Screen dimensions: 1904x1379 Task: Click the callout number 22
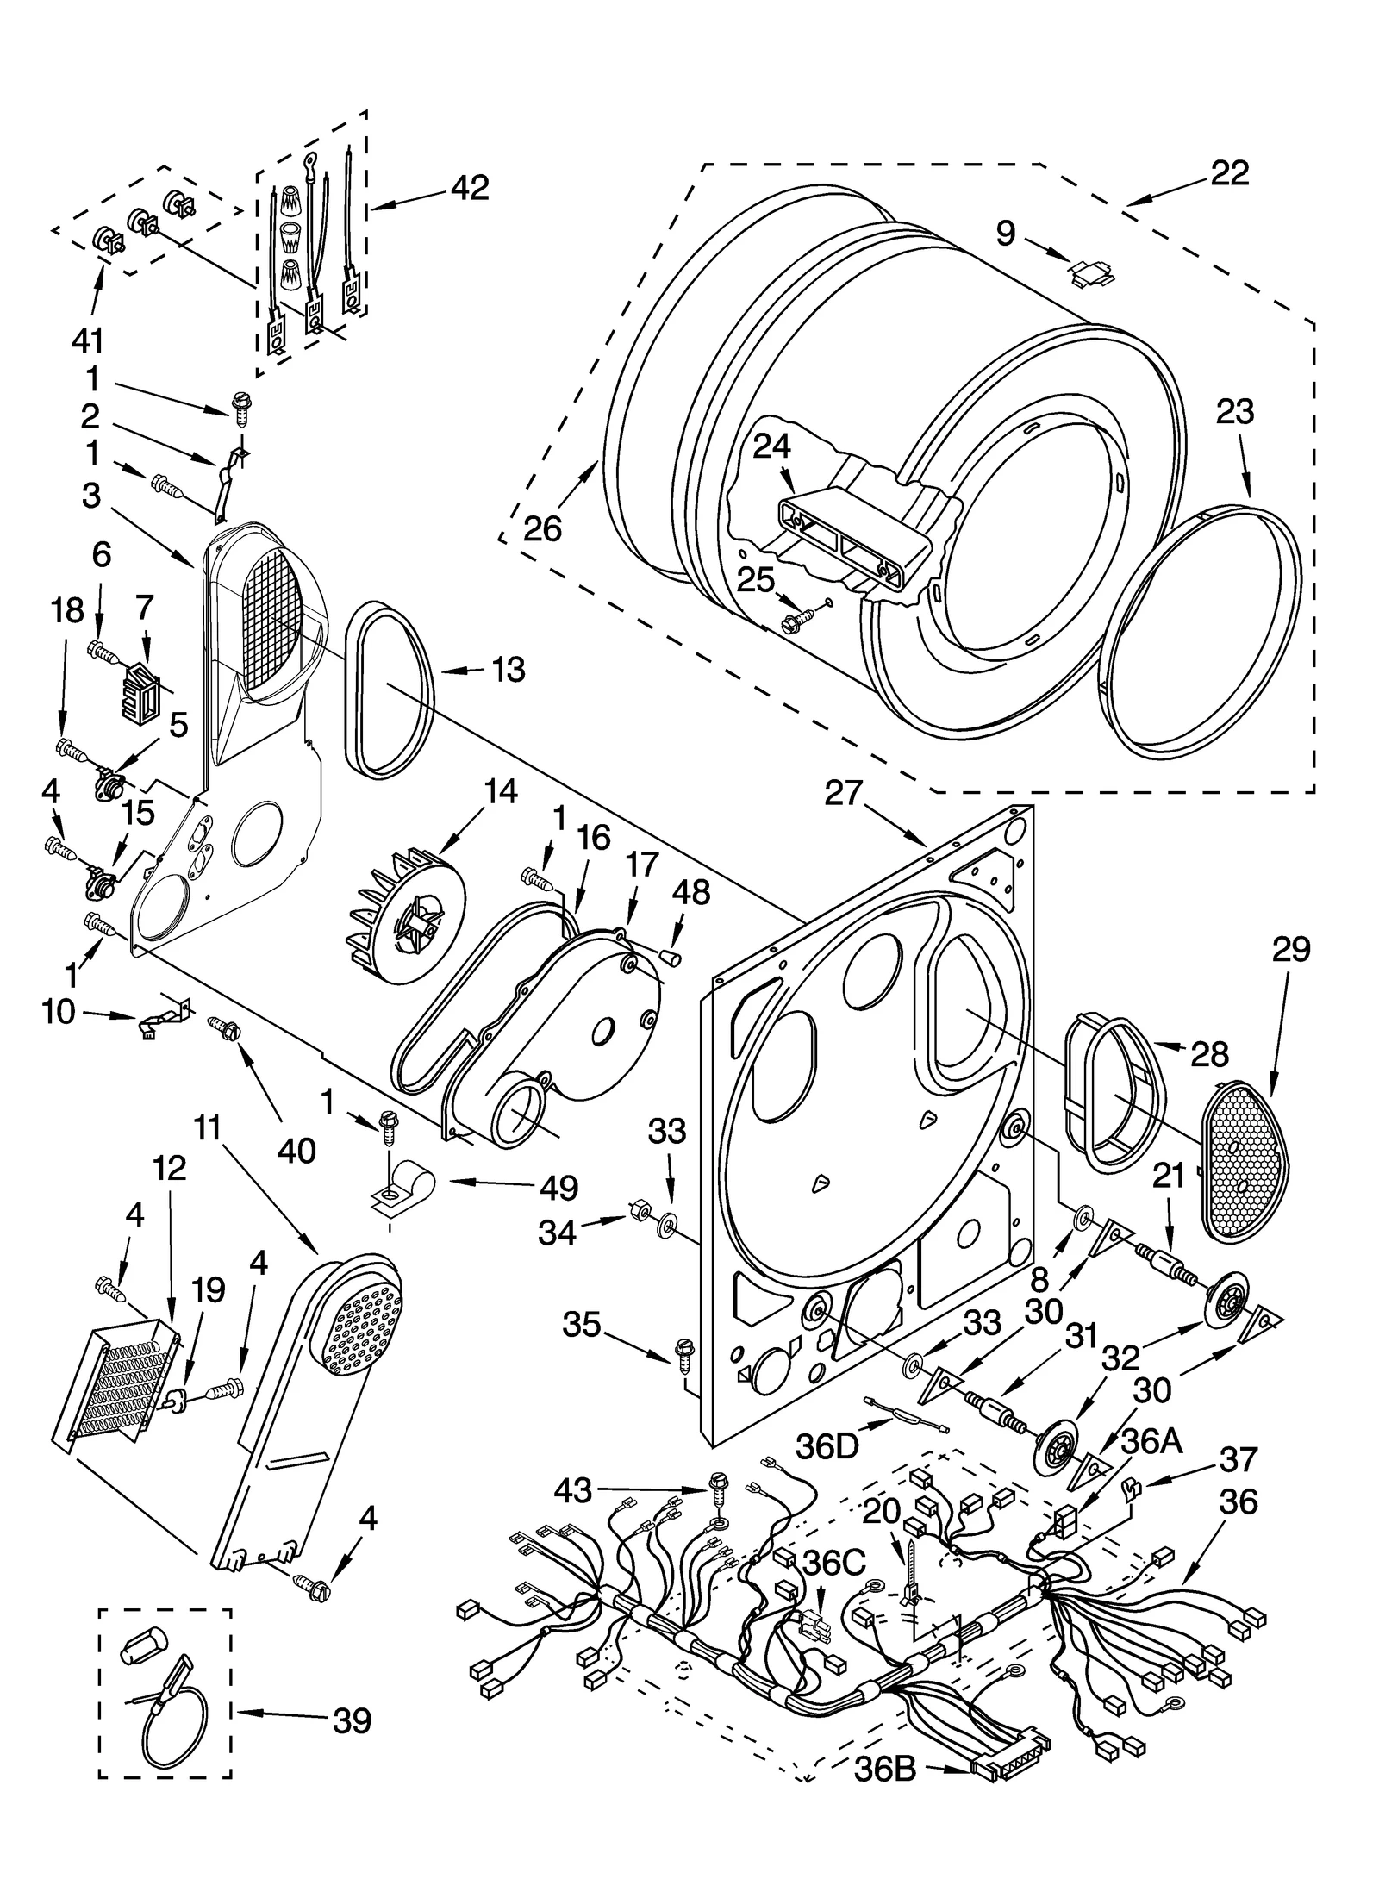tap(1229, 174)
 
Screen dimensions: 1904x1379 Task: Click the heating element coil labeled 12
tap(119, 1385)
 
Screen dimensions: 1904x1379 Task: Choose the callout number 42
tap(469, 188)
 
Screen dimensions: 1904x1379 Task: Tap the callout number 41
tap(87, 341)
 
